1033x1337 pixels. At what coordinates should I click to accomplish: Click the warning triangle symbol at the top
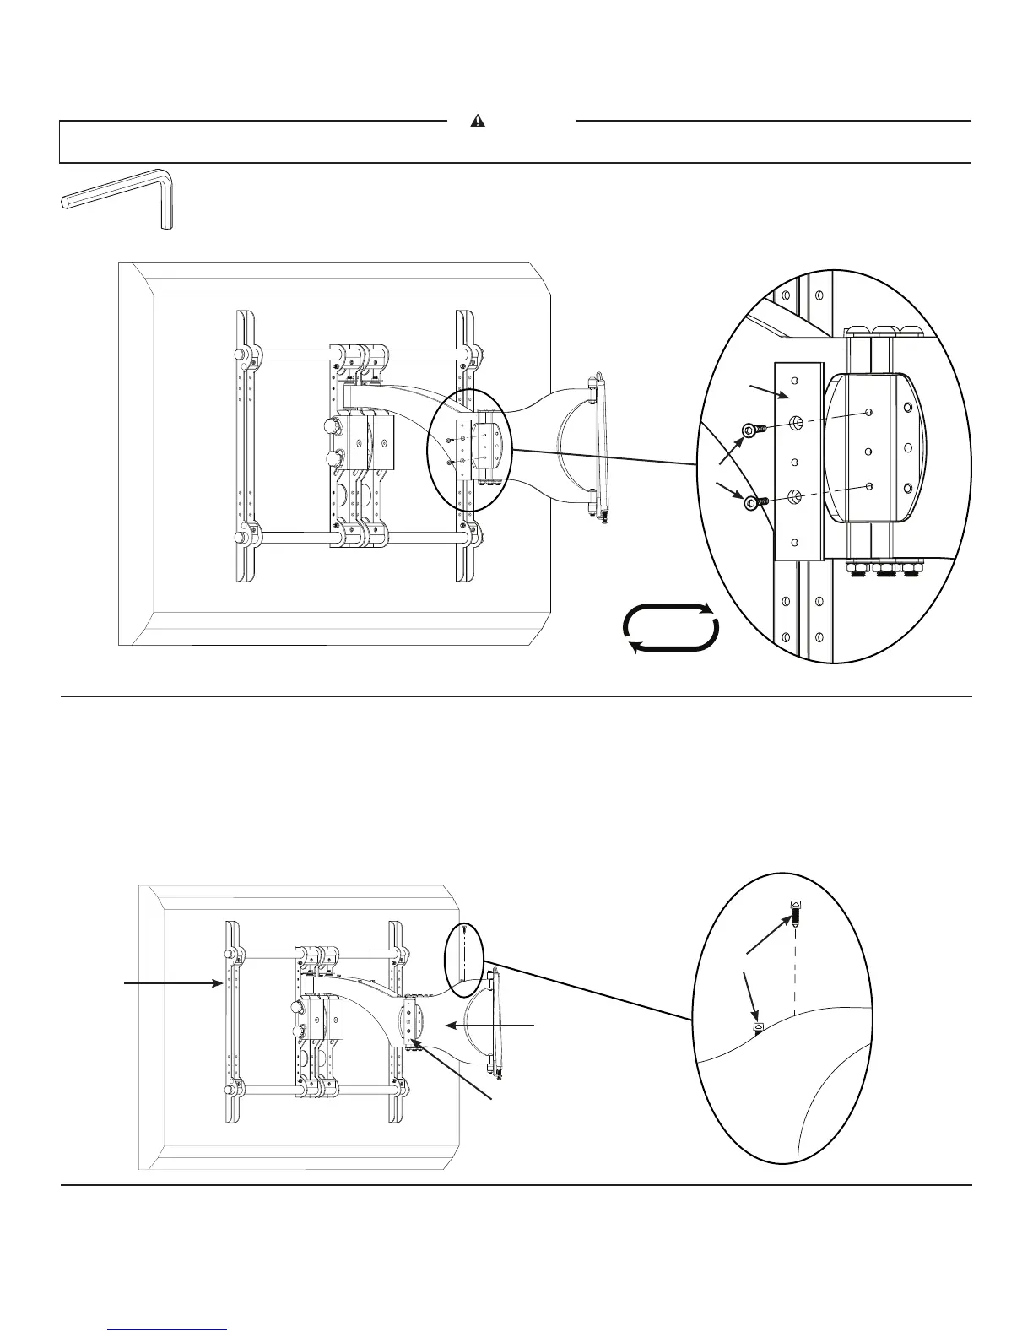point(479,121)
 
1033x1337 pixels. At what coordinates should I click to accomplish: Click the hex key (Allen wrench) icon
point(118,198)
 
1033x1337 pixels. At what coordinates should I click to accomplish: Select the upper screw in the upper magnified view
point(751,430)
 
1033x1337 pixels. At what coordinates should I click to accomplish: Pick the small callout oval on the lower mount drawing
point(463,952)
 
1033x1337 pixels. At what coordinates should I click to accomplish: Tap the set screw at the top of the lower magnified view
point(795,912)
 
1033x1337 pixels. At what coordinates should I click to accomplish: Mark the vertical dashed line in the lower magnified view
point(795,971)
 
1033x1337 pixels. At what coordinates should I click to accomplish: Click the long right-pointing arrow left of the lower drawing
point(173,982)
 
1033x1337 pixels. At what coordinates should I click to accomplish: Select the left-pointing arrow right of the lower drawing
point(489,1025)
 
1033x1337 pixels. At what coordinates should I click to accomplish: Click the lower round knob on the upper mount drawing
point(332,459)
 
